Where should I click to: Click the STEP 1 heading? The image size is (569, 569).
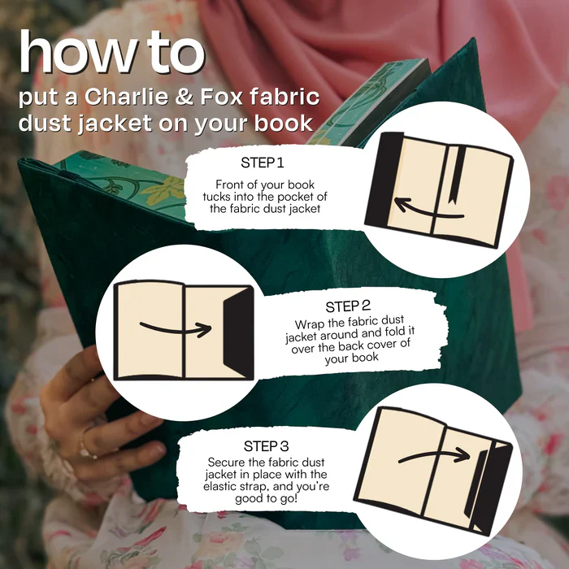pos(263,163)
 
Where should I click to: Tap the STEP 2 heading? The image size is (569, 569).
pos(348,306)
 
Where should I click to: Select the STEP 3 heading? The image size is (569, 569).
pos(266,446)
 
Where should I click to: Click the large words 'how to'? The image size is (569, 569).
pos(112,53)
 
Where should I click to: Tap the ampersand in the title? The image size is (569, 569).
pos(184,98)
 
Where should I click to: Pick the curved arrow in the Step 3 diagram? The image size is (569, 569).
pos(433,455)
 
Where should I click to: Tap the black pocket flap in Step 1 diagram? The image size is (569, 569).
pos(384,179)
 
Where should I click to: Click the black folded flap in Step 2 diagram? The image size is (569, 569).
pos(238,332)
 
